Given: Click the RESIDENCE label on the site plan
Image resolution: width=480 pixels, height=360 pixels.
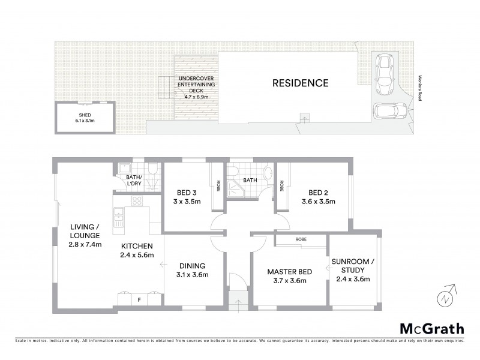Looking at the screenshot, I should coord(301,83).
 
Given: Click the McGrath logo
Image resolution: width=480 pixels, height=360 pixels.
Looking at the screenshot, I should coord(431,328).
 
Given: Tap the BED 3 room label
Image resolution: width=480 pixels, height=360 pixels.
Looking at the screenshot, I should coord(187,193).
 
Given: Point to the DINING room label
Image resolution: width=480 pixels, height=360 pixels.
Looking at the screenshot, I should coord(192,265).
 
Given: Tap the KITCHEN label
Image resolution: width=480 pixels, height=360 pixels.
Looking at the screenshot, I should coord(137,245).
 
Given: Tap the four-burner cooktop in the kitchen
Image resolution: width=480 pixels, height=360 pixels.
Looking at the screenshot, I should coord(137,202).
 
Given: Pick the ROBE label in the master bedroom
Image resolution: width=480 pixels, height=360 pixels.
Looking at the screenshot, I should coord(301,239).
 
